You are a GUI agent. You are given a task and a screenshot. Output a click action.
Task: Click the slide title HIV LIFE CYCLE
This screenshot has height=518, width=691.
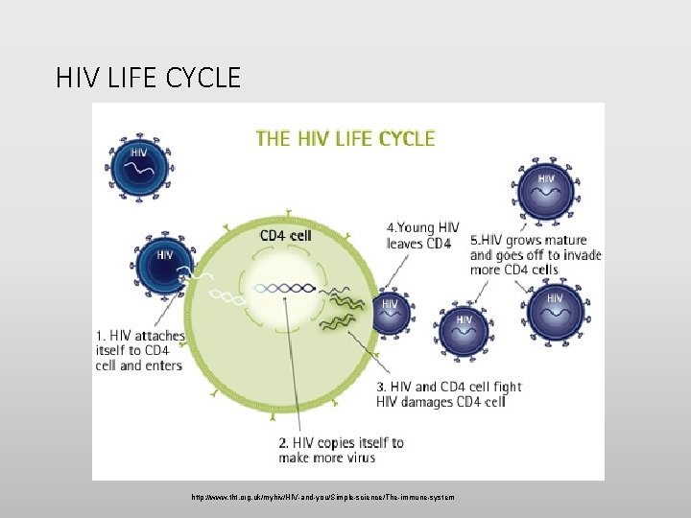(149, 77)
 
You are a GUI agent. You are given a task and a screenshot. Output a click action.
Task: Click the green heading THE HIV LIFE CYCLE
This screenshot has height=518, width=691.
(345, 138)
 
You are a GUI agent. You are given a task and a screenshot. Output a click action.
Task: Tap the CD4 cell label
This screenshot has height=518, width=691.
(284, 234)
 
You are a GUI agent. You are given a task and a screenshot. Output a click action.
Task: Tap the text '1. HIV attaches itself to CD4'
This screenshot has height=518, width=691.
(138, 350)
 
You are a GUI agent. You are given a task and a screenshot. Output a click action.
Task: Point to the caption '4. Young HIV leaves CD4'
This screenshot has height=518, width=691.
(423, 235)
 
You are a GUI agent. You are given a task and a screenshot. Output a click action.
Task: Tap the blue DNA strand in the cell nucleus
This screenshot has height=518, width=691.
(284, 287)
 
